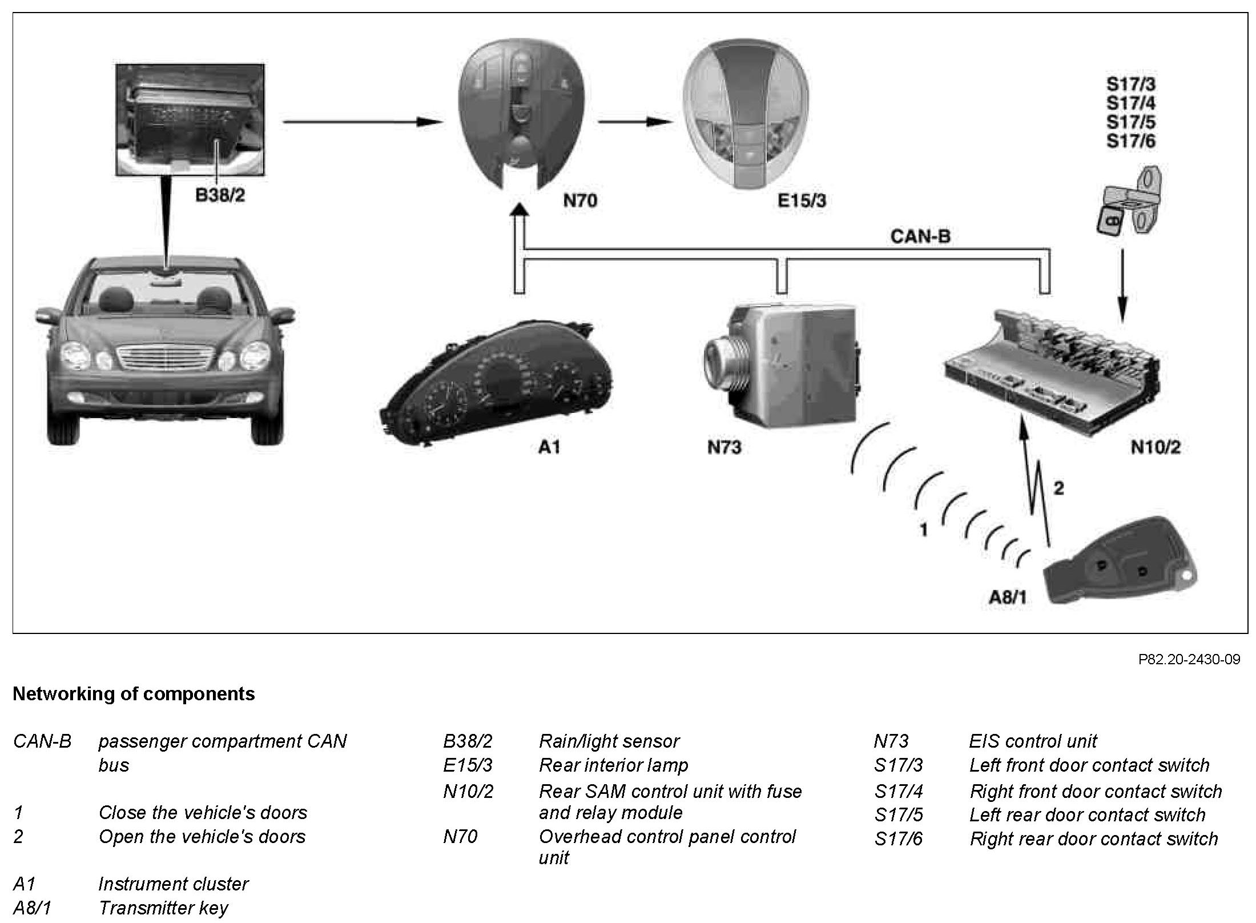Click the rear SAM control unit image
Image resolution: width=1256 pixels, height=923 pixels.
tap(1050, 371)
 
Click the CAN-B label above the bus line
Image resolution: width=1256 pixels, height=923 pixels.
tap(920, 236)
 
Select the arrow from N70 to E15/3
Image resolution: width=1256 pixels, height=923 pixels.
tap(634, 122)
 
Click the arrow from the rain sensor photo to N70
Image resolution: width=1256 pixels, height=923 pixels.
tap(362, 122)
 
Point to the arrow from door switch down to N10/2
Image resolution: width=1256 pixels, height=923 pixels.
tap(1121, 286)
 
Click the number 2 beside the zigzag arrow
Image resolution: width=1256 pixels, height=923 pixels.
tap(1058, 488)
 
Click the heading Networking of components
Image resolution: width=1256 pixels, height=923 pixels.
tap(134, 693)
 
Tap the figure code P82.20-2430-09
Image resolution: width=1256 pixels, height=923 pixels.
tap(1189, 660)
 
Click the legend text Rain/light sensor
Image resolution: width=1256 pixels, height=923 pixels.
tap(609, 741)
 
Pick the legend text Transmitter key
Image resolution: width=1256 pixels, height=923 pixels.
tap(163, 908)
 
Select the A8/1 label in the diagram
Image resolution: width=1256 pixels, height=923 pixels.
tap(1008, 597)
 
